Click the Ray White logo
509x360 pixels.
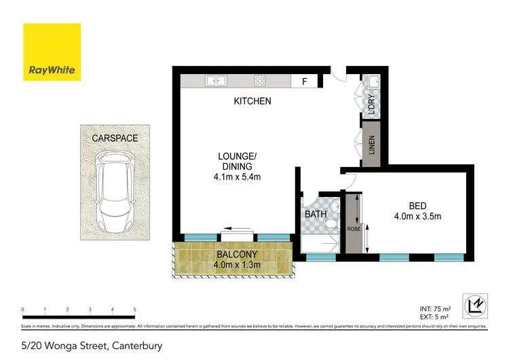coord(52,52)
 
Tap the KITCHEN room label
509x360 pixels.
coord(252,101)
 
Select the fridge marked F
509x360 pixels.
coord(305,82)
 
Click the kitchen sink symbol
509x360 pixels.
coord(215,82)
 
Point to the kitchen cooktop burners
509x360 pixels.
coord(259,82)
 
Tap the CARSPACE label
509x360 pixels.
coord(115,138)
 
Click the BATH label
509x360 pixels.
coord(316,215)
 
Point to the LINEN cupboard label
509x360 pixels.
coord(372,145)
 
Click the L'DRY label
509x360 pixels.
coord(371,105)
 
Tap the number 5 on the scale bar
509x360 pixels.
coord(135,309)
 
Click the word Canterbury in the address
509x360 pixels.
coord(134,346)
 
